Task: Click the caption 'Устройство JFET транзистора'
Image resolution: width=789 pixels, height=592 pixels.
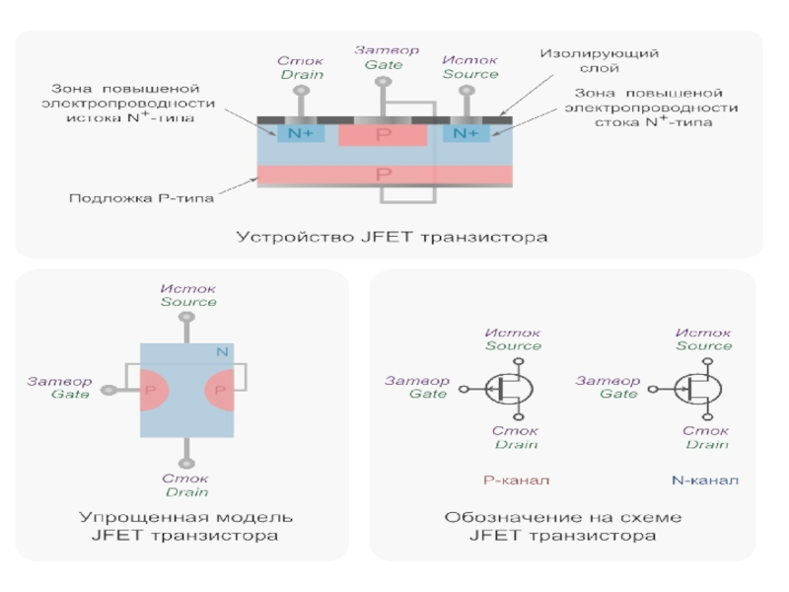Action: (392, 238)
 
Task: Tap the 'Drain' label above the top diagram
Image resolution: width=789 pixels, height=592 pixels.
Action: (295, 74)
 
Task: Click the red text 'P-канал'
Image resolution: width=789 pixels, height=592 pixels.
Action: (515, 481)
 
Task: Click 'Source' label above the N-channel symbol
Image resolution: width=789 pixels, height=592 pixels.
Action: (703, 346)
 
